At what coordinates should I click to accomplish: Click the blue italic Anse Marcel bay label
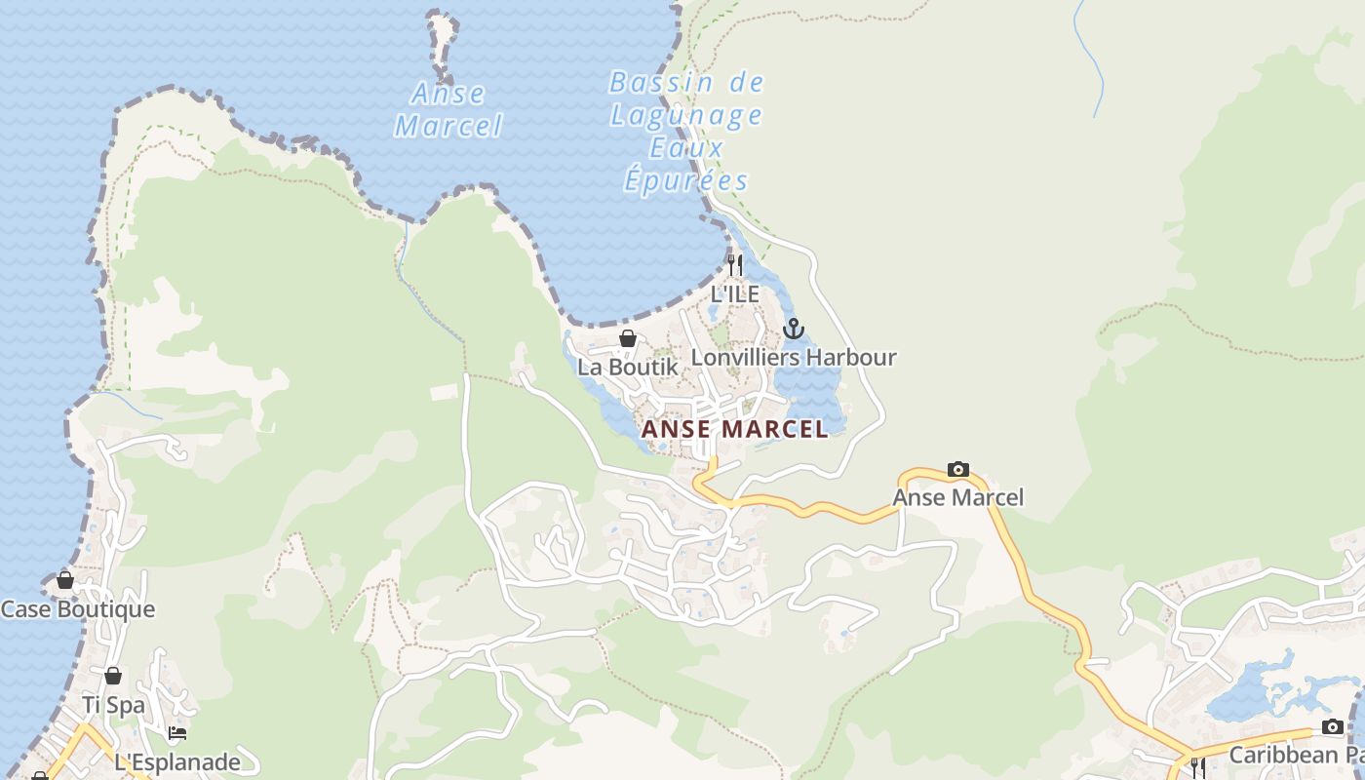click(448, 109)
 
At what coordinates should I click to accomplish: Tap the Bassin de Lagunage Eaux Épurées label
click(686, 132)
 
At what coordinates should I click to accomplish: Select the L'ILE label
click(734, 293)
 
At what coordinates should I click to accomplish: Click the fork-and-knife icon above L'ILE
click(735, 264)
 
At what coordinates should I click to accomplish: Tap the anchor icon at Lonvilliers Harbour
click(793, 329)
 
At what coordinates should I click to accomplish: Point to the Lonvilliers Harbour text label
click(793, 358)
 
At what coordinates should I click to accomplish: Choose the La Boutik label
click(627, 368)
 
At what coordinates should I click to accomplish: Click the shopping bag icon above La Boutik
click(628, 338)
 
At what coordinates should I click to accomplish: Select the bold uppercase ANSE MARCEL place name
click(734, 429)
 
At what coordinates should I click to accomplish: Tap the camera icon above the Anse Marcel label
click(958, 470)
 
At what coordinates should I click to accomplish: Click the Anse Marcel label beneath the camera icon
click(958, 498)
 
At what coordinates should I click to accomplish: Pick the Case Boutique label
click(78, 609)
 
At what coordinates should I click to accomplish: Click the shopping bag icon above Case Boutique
click(65, 580)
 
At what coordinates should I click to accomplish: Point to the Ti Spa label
click(113, 705)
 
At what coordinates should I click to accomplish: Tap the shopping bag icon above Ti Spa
click(113, 676)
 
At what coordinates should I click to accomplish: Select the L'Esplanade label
click(176, 761)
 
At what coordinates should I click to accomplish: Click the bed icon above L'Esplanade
click(176, 733)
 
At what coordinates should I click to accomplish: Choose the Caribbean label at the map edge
click(1296, 756)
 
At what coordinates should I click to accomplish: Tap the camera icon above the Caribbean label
click(1333, 726)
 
